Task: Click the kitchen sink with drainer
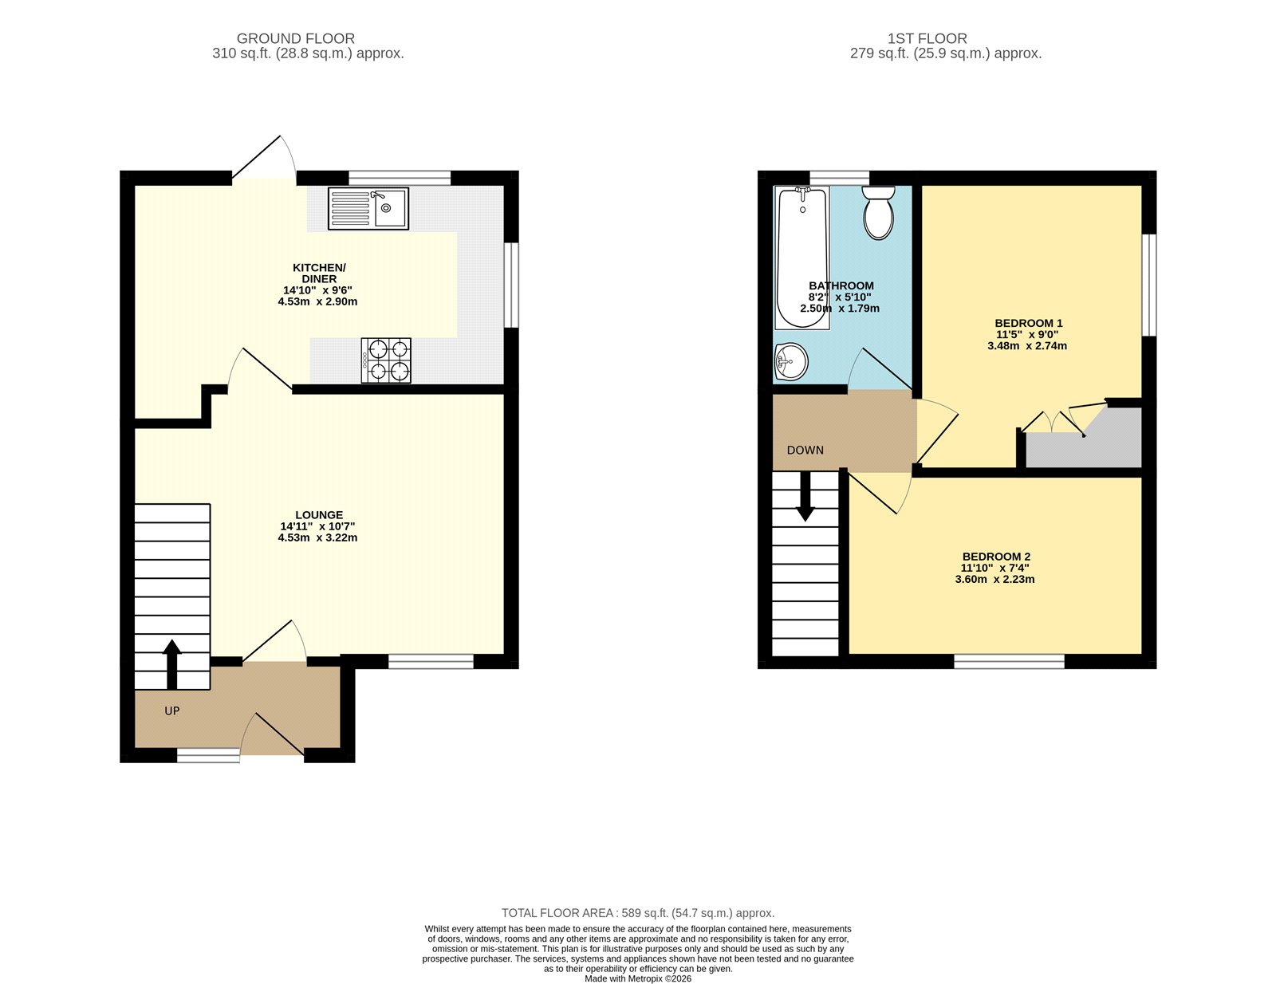[x=368, y=208]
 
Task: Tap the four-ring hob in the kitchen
[x=386, y=360]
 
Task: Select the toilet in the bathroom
[x=879, y=213]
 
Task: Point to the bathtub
[x=802, y=258]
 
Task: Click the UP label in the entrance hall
[x=172, y=711]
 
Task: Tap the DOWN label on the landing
[x=805, y=451]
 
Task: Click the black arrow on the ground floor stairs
[x=172, y=664]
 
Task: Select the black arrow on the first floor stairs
[x=805, y=496]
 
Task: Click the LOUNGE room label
[x=319, y=515]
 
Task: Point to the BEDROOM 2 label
[x=996, y=557]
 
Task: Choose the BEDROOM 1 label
[x=1028, y=323]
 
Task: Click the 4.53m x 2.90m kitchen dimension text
[x=317, y=301]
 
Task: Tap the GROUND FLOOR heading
[x=295, y=39]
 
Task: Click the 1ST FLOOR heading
[x=927, y=39]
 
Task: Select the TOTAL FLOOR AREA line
[x=638, y=913]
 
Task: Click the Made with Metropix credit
[x=638, y=978]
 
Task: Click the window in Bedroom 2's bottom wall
[x=1009, y=662]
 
